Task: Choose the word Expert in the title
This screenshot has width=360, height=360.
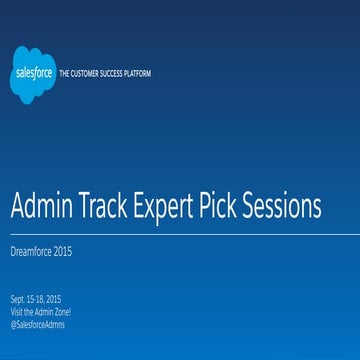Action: (x=172, y=207)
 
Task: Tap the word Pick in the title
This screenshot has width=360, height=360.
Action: (x=230, y=206)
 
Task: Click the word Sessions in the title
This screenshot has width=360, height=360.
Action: (x=286, y=206)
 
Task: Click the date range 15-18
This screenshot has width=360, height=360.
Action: (x=35, y=299)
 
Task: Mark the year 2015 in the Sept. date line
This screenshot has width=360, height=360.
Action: (x=52, y=299)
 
